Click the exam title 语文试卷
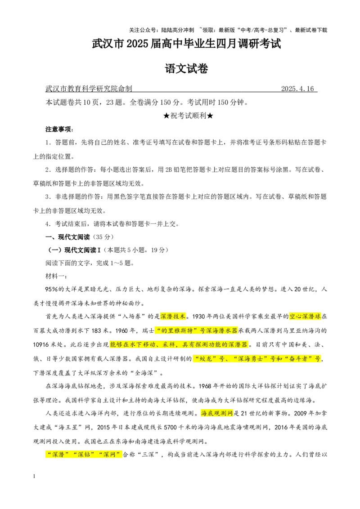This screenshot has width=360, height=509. [186, 68]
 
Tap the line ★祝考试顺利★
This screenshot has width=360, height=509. [188, 116]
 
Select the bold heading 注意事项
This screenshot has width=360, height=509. [59, 129]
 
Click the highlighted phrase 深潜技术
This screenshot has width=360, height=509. [173, 316]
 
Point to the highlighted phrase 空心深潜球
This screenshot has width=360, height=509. [305, 316]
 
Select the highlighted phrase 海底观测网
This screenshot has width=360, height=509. [217, 413]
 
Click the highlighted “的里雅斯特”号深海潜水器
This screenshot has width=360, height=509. [196, 330]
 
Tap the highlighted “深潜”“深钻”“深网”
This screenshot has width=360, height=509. [84, 455]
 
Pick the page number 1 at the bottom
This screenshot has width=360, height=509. [34, 476]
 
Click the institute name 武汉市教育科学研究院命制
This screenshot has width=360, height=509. [89, 89]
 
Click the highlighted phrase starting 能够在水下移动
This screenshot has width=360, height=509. [179, 344]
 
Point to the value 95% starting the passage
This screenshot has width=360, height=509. [51, 289]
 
